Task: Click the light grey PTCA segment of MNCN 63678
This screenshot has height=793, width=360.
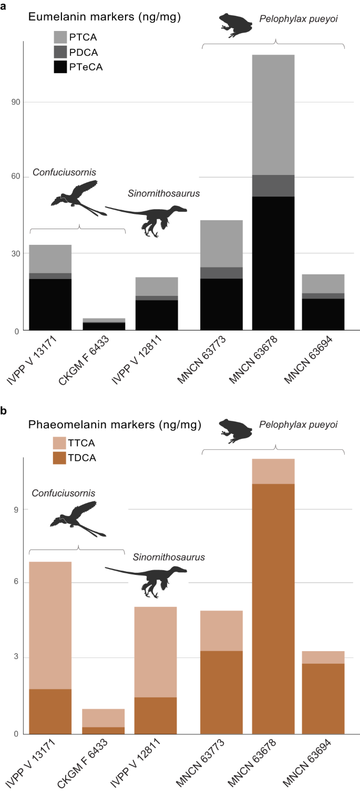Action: click(x=273, y=115)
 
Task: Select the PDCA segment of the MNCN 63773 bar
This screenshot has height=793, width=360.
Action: click(x=221, y=273)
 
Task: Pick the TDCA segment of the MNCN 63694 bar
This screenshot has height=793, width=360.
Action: click(x=323, y=698)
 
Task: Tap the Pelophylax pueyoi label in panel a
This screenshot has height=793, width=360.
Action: click(x=298, y=19)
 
